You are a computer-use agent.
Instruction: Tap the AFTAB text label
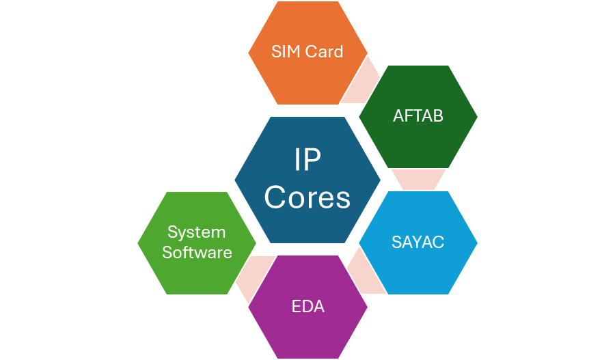(418, 116)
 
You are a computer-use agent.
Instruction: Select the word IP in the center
(307, 161)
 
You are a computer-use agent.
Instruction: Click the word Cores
(307, 197)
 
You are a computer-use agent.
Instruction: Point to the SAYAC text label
(418, 242)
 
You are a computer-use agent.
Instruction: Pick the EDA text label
(307, 306)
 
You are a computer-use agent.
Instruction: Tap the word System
(197, 232)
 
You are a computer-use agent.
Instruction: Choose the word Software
(197, 252)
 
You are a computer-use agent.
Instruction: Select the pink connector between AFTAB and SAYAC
(418, 179)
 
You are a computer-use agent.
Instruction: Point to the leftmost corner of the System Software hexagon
(139, 243)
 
